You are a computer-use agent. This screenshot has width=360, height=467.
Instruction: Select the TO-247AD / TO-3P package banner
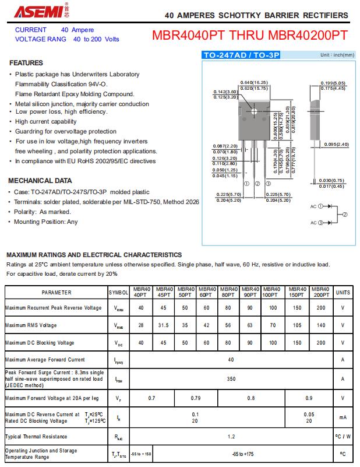point(241,55)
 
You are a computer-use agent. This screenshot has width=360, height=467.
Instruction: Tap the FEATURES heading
point(26,63)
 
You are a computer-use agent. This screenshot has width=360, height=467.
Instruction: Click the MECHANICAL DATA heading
point(40,181)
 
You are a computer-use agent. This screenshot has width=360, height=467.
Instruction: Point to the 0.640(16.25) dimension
point(254,83)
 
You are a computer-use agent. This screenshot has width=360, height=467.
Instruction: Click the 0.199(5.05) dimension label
point(333,83)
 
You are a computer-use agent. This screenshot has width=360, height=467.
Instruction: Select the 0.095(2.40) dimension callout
point(336,144)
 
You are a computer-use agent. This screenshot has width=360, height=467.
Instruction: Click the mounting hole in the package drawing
point(254,111)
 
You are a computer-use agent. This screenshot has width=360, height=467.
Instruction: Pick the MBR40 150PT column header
point(297,292)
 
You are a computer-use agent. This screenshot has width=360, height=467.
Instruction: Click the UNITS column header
point(343,292)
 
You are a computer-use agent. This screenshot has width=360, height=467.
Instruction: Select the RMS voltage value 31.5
point(163,325)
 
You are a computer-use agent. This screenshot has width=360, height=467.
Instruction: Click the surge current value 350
point(231,378)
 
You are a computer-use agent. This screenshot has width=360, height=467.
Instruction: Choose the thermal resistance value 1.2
point(231,436)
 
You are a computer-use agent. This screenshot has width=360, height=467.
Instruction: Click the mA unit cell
point(343,417)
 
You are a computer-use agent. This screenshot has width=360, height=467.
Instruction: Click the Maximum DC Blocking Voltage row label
point(40,343)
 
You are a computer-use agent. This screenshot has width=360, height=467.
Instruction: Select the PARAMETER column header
point(57,292)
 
